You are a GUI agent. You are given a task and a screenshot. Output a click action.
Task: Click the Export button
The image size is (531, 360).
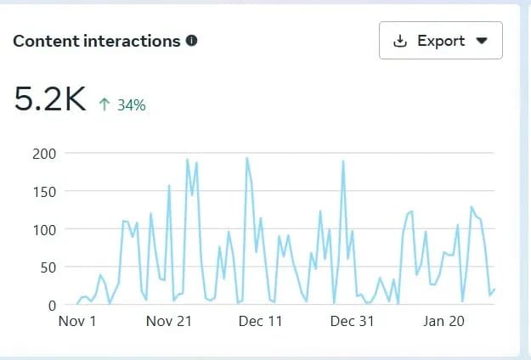tap(440, 41)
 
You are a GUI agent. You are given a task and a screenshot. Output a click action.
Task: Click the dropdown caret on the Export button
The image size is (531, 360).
tap(481, 41)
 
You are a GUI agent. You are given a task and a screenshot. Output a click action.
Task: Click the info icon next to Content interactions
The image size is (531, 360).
tap(192, 40)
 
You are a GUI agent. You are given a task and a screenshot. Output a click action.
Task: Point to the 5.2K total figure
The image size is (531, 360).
tap(51, 101)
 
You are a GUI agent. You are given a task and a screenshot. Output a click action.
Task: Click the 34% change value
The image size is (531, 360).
tap(131, 105)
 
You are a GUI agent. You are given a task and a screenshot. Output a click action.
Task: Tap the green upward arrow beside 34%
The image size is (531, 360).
tap(105, 105)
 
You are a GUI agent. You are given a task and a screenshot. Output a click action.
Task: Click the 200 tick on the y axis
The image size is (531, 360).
tap(45, 154)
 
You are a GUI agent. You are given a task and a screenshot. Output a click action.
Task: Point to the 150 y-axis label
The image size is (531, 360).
tap(45, 191)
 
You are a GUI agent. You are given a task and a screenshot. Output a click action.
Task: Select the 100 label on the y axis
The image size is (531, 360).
tap(45, 229)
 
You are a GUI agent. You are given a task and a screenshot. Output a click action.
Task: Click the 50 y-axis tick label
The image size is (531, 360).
tap(48, 267)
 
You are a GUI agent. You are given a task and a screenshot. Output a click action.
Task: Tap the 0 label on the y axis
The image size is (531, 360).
tap(53, 304)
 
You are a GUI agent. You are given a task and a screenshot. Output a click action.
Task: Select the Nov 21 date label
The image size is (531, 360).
tap(169, 322)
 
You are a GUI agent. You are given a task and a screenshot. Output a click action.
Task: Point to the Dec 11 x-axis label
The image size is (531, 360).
tap(261, 322)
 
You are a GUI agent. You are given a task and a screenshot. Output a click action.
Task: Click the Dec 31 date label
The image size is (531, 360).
tap(353, 322)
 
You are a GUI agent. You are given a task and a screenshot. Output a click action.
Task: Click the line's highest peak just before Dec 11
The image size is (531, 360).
tap(246, 158)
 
